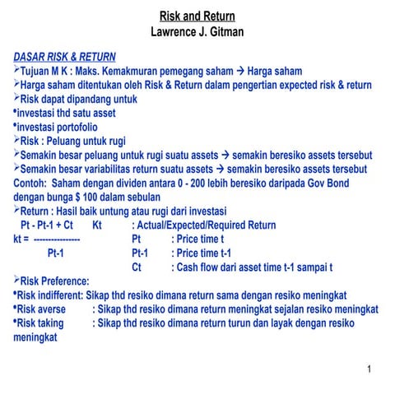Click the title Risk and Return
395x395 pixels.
pos(197,16)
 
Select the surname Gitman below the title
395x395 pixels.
pos(227,32)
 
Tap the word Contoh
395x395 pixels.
pos(30,183)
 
